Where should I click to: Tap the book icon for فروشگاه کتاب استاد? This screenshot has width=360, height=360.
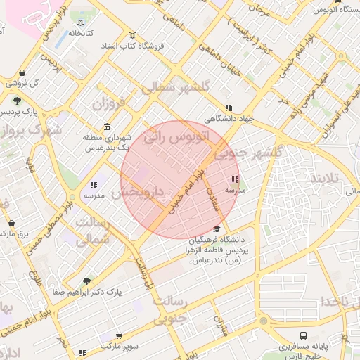click(x=133, y=35)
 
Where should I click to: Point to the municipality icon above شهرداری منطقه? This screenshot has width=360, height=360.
click(x=107, y=127)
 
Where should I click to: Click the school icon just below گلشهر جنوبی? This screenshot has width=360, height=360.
click(x=234, y=179)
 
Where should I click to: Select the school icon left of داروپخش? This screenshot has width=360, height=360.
click(x=93, y=185)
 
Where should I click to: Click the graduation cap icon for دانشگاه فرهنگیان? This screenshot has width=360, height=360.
click(x=217, y=229)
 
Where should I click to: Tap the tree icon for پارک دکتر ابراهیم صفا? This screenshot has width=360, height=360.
click(x=86, y=281)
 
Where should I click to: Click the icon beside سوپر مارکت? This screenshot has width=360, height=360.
click(x=82, y=352)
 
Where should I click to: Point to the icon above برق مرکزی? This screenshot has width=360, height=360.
click(x=11, y=223)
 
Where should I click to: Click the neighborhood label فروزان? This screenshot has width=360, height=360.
click(x=107, y=105)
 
